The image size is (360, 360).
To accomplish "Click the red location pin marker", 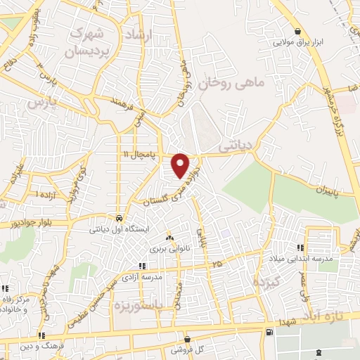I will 181,165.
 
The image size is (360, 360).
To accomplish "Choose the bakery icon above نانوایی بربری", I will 168,238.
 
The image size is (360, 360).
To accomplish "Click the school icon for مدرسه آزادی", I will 142,266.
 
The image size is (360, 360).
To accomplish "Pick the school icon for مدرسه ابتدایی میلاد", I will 300,247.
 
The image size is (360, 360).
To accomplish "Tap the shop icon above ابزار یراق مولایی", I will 299,31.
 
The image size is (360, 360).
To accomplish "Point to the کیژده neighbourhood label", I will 266,282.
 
